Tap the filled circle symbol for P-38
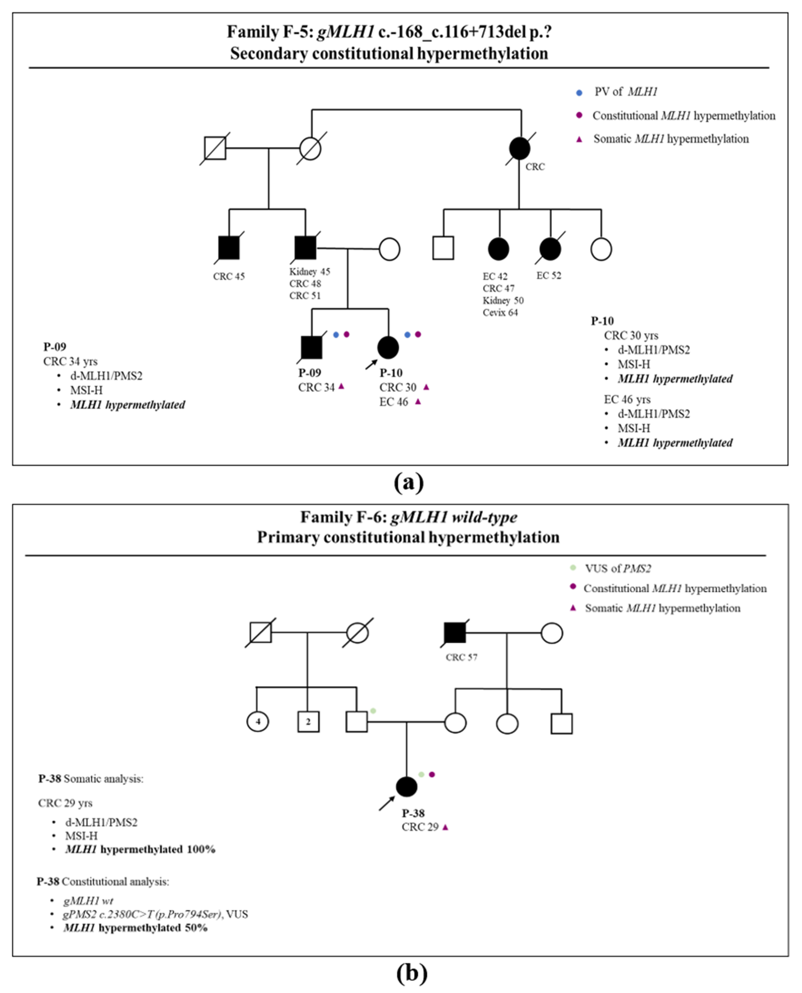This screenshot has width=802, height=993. pos(407,786)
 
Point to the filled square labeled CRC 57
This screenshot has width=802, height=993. pos(455,632)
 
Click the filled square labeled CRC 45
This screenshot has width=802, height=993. pos(229,248)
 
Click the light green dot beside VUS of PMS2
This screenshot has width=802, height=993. pos(573,567)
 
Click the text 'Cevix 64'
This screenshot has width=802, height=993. pos(500,313)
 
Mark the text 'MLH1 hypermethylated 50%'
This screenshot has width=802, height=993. pos(135,927)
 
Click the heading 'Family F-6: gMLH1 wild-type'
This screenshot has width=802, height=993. pos(408,517)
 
